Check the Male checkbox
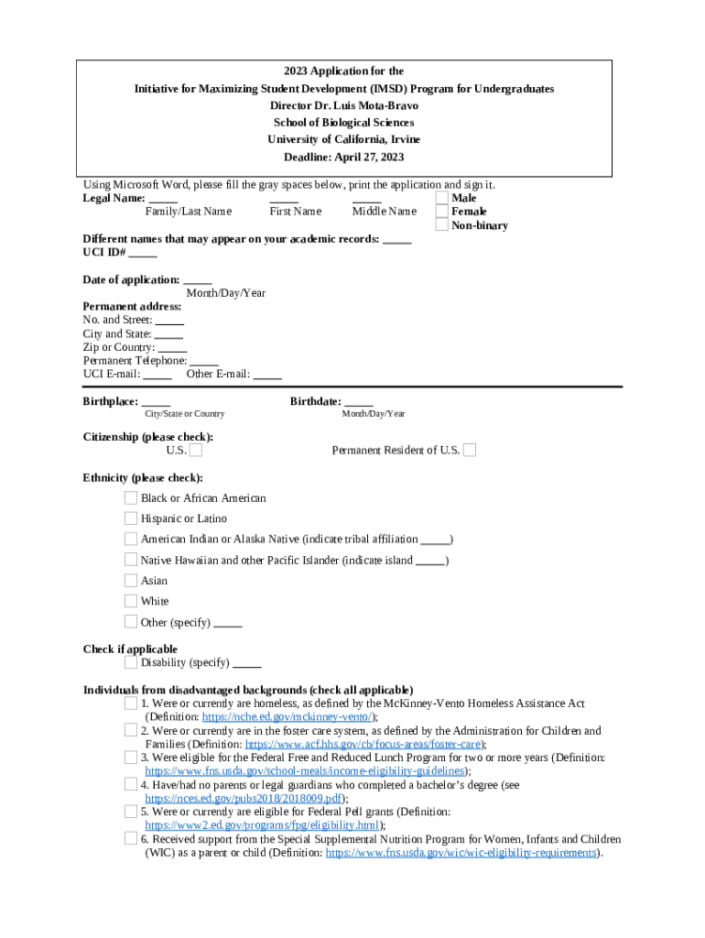click(442, 198)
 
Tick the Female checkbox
click(442, 212)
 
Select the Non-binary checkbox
click(442, 225)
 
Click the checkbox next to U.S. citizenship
click(196, 450)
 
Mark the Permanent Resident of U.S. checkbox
click(470, 450)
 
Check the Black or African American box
click(131, 498)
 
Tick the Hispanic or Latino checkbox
click(131, 518)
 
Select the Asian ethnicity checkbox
click(131, 581)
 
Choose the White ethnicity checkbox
click(131, 601)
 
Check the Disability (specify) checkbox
click(131, 662)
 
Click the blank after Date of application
click(197, 280)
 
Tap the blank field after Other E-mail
click(267, 374)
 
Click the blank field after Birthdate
click(359, 401)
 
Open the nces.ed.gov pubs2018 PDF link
click(244, 798)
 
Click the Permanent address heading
click(132, 307)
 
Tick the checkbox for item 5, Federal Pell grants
click(131, 811)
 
